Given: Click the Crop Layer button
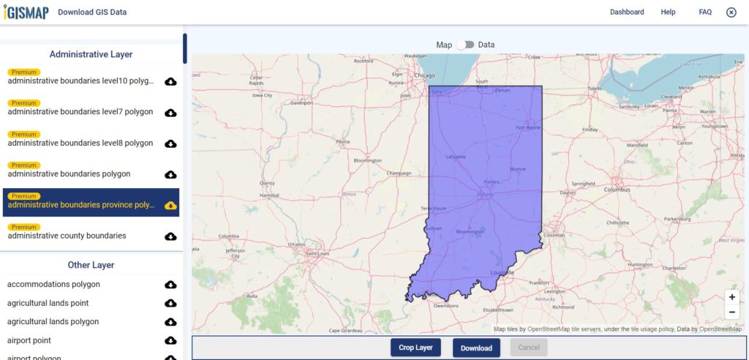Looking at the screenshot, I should [415, 348].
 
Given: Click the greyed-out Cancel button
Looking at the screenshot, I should [529, 348].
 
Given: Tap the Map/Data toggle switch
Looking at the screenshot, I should [465, 45].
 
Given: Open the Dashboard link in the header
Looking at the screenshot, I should [627, 12].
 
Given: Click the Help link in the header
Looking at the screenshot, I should [668, 12].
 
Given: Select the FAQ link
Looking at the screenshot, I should [705, 12].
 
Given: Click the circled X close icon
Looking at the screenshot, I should [731, 12].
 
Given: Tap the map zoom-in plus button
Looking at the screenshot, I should [731, 298].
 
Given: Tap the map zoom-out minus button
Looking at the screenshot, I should [731, 312].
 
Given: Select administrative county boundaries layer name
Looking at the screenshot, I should [67, 236].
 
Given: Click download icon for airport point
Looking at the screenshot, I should [170, 341].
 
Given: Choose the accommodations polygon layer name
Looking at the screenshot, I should [53, 284].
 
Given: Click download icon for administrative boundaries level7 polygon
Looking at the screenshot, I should [170, 113].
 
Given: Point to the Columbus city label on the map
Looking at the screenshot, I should [617, 190].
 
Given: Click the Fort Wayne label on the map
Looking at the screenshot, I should [527, 128].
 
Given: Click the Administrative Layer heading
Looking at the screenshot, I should [91, 54].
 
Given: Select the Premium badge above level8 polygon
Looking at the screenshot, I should [24, 135].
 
